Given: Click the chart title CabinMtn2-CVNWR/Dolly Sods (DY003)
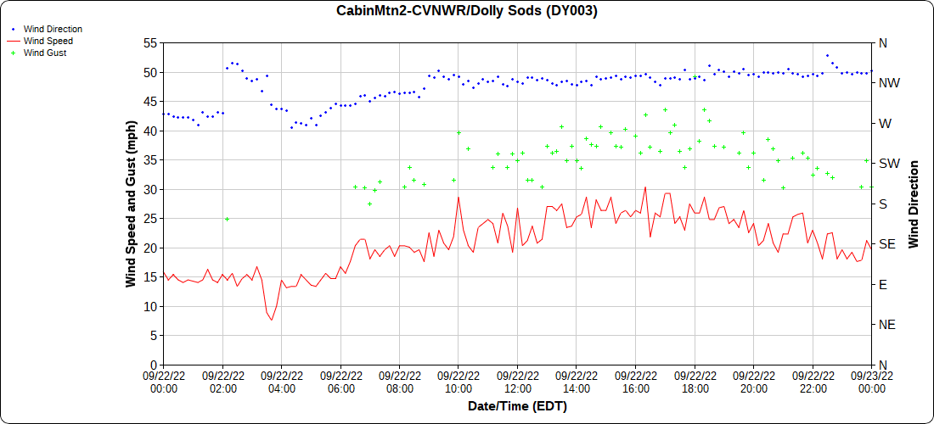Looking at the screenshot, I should (466, 11).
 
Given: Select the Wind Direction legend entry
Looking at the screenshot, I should (53, 29).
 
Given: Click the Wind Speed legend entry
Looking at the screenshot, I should (48, 41).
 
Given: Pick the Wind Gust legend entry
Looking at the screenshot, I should (45, 53).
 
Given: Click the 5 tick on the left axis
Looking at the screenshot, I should (153, 336).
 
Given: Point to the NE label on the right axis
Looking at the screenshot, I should (886, 325).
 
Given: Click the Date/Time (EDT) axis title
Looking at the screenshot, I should (517, 406).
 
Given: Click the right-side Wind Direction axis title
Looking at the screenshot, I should (914, 204).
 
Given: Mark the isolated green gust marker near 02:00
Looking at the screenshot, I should (227, 219).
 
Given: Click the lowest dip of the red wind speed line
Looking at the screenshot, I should (272, 320).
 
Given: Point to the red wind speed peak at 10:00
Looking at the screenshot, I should (459, 198).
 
